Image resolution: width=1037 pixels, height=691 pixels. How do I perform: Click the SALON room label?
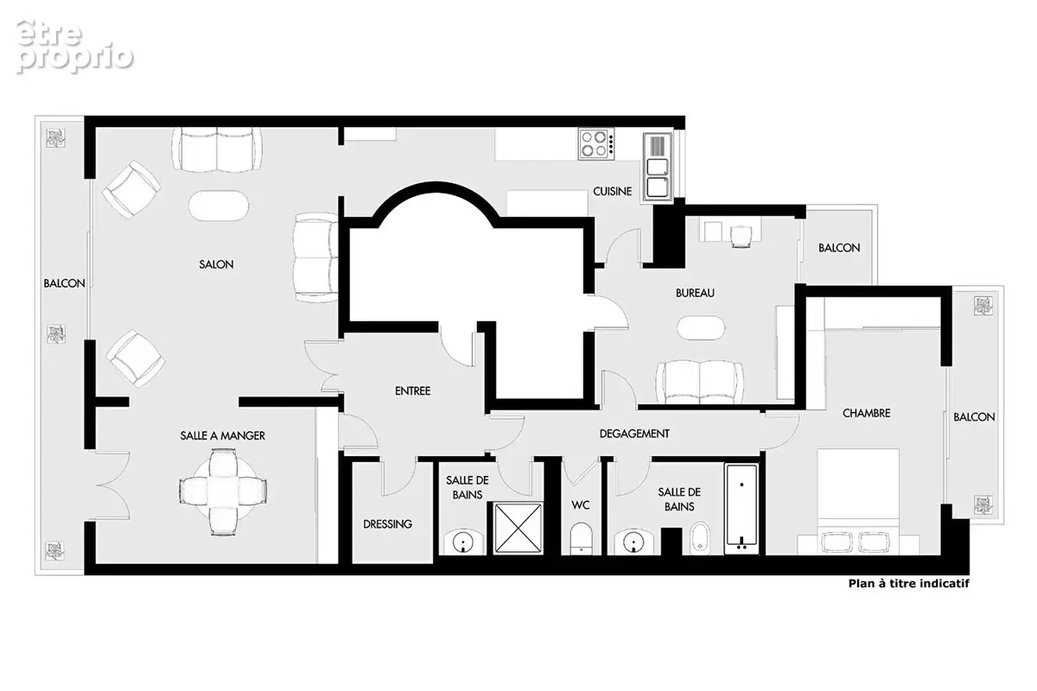click(x=216, y=264)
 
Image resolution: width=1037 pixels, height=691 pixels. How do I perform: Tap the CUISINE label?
click(x=612, y=191)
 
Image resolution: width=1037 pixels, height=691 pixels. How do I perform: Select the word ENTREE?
click(x=412, y=391)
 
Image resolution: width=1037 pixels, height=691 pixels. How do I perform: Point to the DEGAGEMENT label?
click(x=634, y=434)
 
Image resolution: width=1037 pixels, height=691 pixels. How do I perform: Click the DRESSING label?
click(x=387, y=524)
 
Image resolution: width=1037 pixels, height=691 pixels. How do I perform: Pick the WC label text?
click(x=581, y=505)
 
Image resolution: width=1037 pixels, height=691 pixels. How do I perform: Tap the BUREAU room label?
click(x=695, y=293)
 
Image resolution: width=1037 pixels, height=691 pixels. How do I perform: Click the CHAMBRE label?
click(x=866, y=413)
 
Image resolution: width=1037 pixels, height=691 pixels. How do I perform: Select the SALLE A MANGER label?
click(x=223, y=435)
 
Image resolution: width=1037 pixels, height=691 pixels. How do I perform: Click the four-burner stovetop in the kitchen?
click(x=596, y=144)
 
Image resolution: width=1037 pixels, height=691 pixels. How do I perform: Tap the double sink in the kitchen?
click(x=658, y=168)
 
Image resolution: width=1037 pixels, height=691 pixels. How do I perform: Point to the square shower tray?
click(x=518, y=528)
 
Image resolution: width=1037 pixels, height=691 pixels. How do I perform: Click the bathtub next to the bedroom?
click(x=741, y=508)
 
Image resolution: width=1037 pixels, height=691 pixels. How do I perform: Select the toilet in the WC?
click(x=581, y=538)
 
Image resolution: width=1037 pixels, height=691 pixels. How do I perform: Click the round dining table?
click(x=223, y=491)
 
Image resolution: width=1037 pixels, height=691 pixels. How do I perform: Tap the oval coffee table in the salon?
click(x=219, y=206)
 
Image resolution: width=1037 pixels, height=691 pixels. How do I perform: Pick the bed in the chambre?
click(x=858, y=501)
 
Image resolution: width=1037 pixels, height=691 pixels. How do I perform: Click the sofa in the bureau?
click(x=700, y=383)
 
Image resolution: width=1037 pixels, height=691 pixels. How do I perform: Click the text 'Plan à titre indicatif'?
click(x=909, y=584)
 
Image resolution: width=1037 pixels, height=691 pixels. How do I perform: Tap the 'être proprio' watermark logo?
click(x=74, y=47)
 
